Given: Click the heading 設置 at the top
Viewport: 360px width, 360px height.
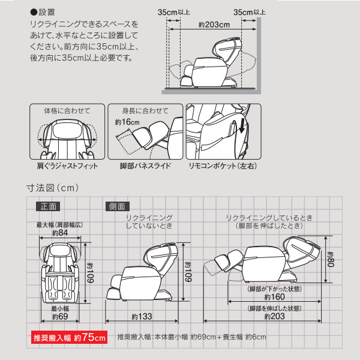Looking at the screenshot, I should (44, 11).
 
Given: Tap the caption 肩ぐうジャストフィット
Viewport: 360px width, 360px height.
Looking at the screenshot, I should (63, 165).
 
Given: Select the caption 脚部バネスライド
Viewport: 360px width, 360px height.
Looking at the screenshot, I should (146, 165).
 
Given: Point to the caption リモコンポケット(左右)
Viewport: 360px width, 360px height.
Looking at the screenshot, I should (222, 165).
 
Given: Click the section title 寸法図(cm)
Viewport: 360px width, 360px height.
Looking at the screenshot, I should (53, 188).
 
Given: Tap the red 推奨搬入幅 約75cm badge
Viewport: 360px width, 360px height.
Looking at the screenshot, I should (70, 337).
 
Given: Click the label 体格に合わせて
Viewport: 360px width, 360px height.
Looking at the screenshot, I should (62, 111).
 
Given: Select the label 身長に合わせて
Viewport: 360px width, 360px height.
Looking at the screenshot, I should (146, 111).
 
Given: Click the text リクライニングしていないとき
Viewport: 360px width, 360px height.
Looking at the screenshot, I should (149, 222).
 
